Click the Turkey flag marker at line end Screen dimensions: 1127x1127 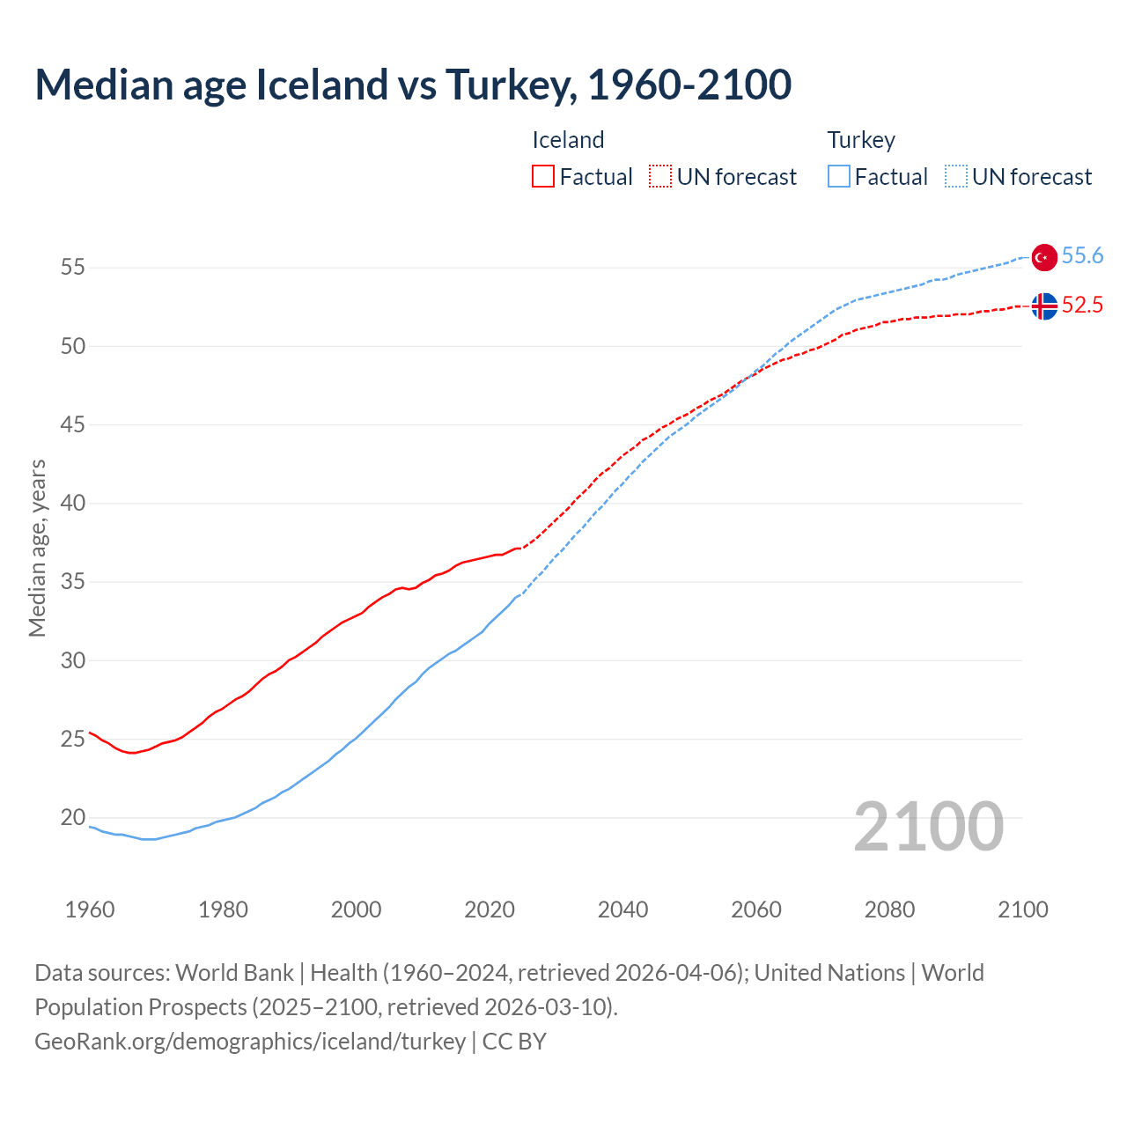(x=1044, y=257)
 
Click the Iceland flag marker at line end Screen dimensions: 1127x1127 (x=1044, y=306)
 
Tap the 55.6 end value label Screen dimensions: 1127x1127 (x=1082, y=256)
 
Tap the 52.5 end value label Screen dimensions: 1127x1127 (x=1082, y=306)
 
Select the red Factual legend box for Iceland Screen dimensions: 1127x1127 (x=543, y=177)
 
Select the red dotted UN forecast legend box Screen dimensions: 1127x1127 (x=660, y=177)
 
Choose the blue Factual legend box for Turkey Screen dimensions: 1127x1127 (x=839, y=177)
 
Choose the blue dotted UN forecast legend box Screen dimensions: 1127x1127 (x=955, y=177)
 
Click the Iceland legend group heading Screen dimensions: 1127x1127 (x=568, y=140)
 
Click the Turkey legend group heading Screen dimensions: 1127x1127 (x=861, y=140)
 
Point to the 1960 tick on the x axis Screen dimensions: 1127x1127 (x=90, y=910)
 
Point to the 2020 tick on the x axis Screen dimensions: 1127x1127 (x=490, y=910)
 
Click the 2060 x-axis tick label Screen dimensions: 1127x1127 (x=756, y=910)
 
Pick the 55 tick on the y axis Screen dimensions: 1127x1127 (x=73, y=268)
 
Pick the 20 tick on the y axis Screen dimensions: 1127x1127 (x=73, y=818)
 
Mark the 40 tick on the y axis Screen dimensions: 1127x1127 (x=73, y=504)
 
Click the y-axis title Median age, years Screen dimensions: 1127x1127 (x=37, y=548)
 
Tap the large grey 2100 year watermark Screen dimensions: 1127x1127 (x=928, y=827)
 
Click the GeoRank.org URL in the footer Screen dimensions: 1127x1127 (x=250, y=1042)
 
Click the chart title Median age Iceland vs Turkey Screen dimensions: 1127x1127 (x=413, y=85)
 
